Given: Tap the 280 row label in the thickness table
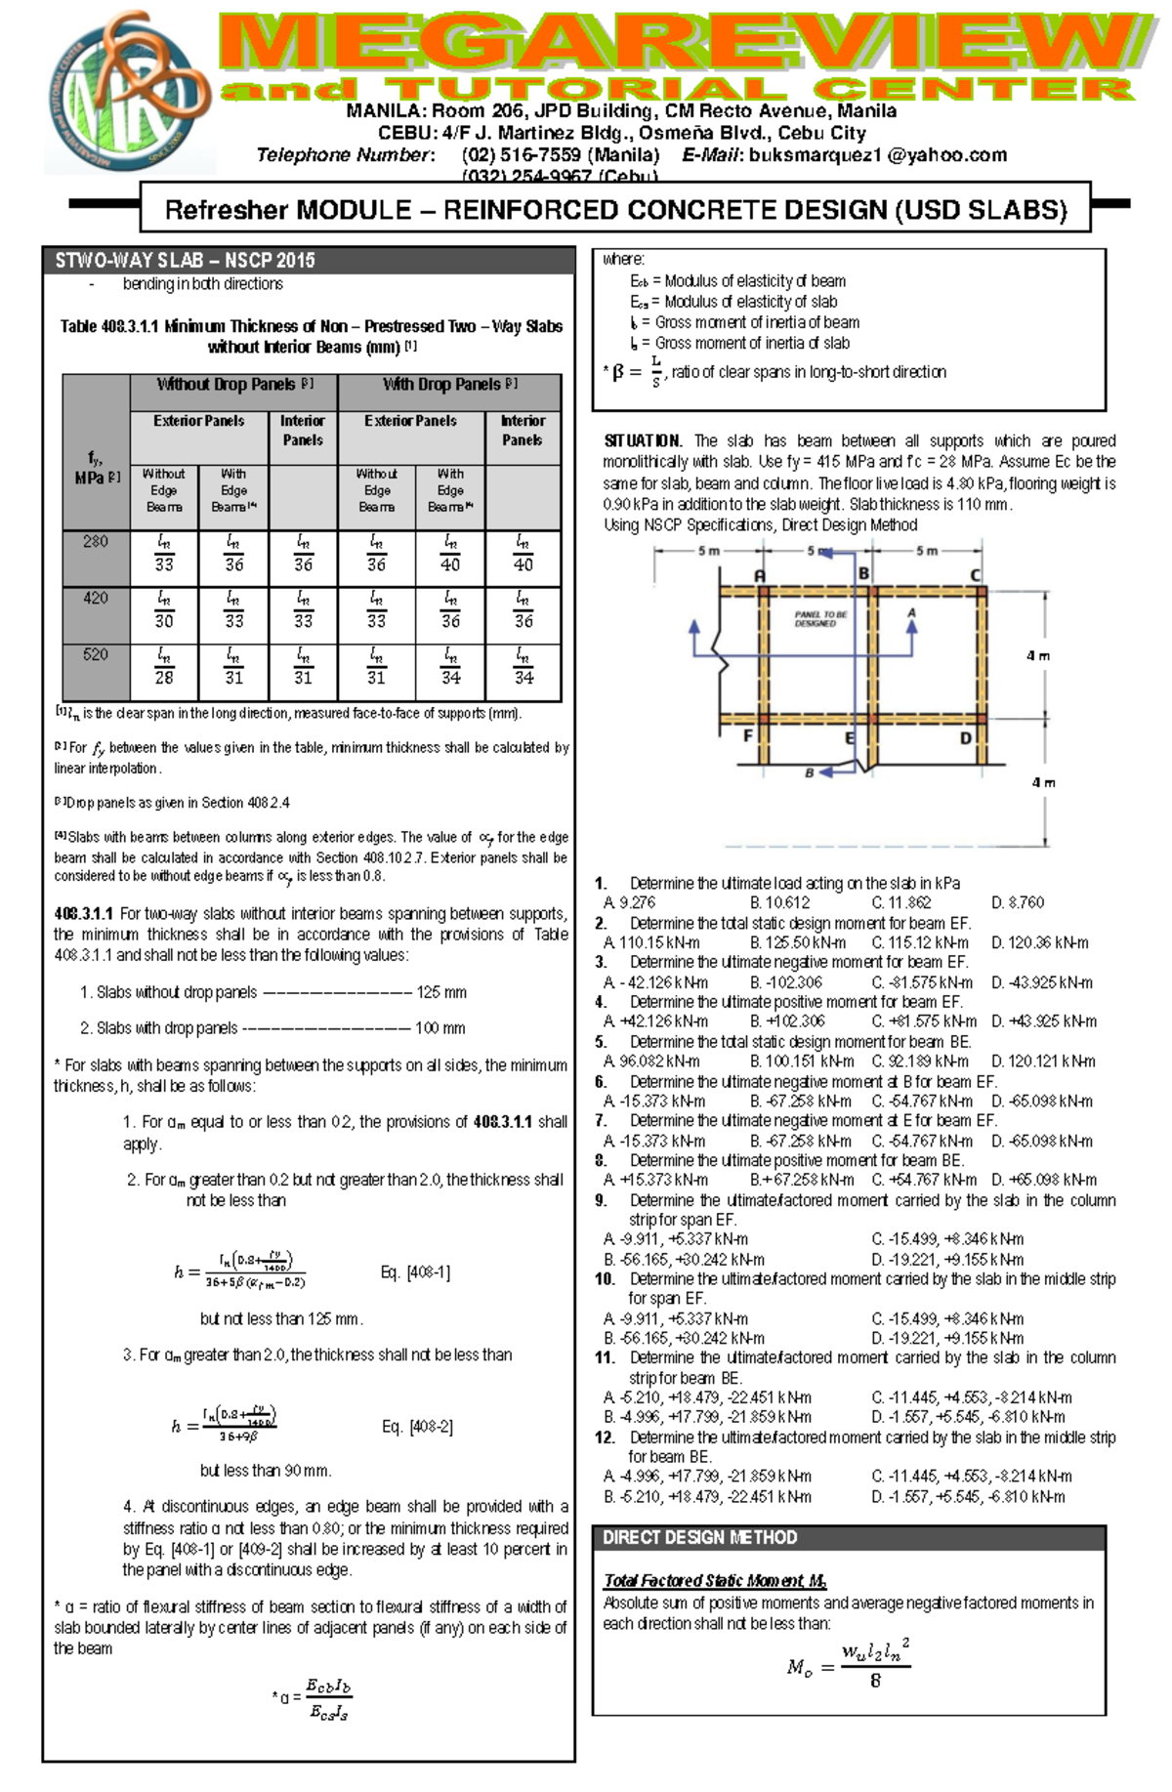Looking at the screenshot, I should (96, 542).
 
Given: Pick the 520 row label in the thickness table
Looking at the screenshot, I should (96, 655).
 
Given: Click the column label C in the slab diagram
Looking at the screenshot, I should (975, 575).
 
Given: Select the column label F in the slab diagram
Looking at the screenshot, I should (748, 734).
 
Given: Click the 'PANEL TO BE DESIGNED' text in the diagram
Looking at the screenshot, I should (820, 619).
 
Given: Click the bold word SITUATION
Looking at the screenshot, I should (643, 441).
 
